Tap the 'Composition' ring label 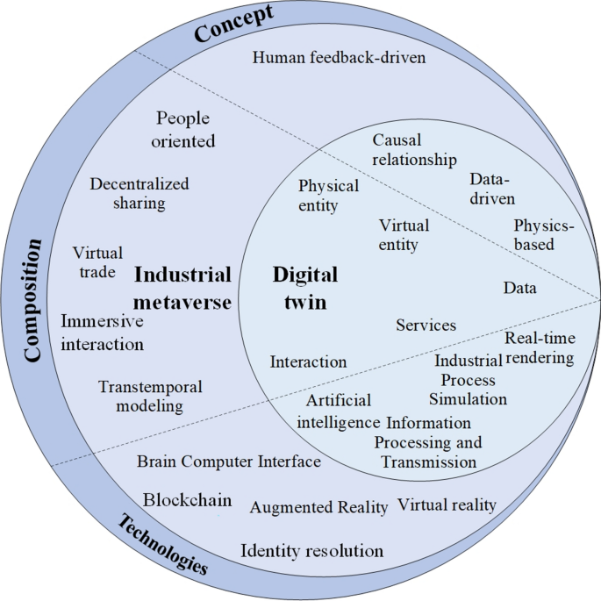tap(34, 300)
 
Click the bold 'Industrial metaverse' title tap(182, 289)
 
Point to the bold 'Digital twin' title tap(305, 287)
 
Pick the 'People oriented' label tap(184, 129)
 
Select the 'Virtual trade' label tap(97, 262)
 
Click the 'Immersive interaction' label tap(103, 333)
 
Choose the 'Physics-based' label tap(544, 235)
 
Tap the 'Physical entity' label tap(328, 196)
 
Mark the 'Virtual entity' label tap(398, 233)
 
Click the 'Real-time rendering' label tap(540, 347)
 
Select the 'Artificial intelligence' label tap(338, 411)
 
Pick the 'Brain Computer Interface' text tap(229, 461)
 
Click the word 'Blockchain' tap(188, 500)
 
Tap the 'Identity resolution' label tap(312, 551)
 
